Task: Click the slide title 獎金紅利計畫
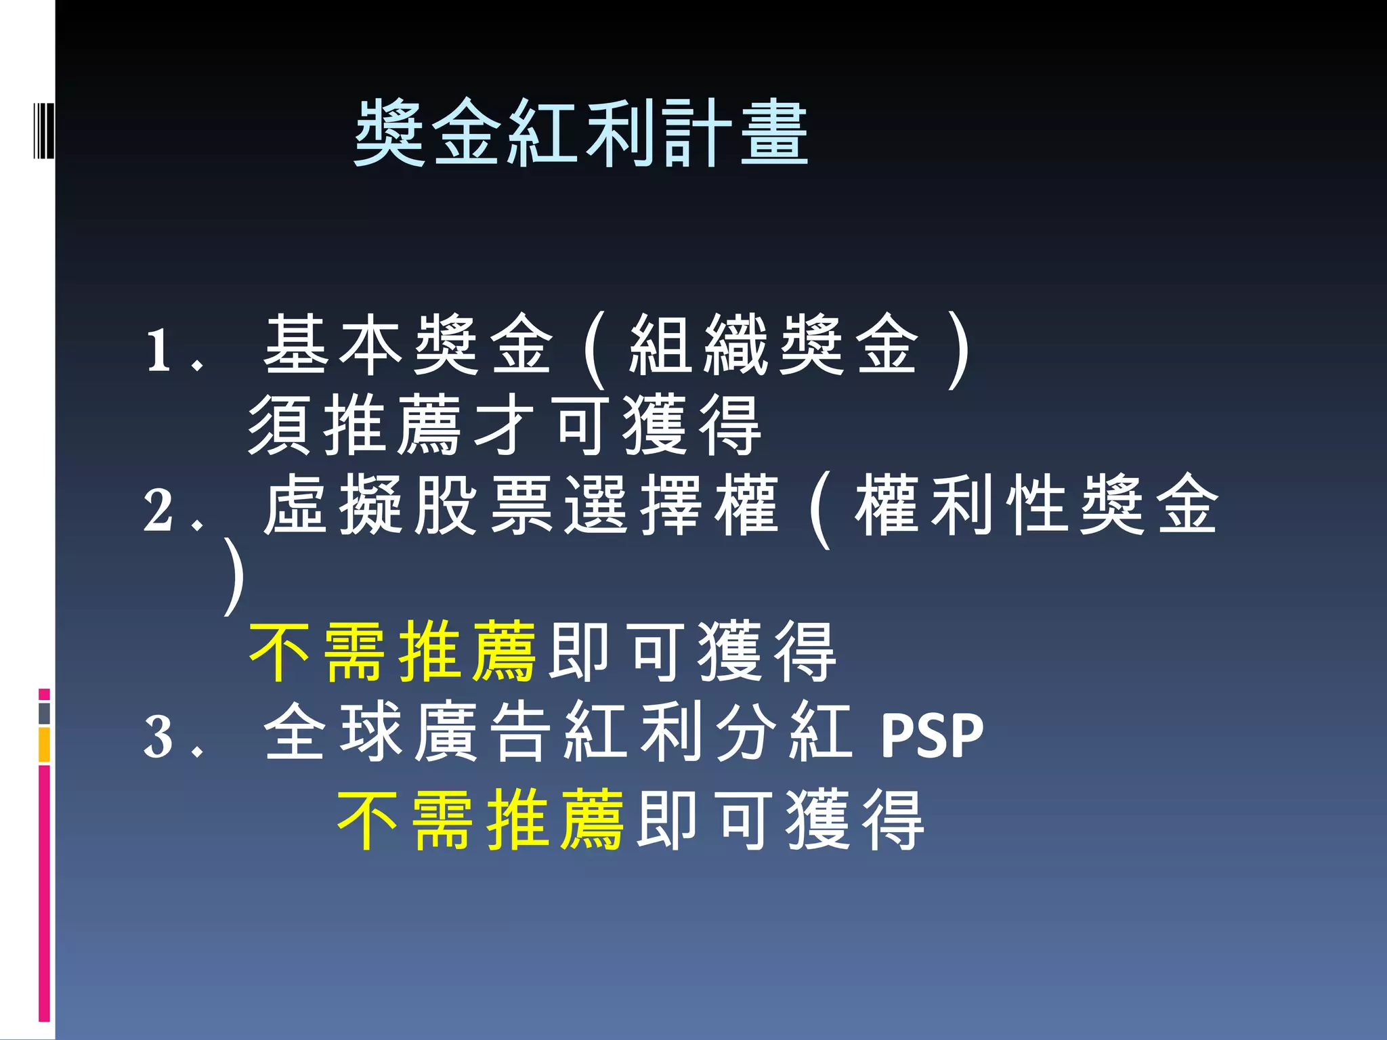[x=581, y=133]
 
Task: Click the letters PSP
[x=931, y=736]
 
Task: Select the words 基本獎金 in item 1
[x=408, y=345]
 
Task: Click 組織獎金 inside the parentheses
[x=773, y=345]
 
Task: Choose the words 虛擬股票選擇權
[x=521, y=505]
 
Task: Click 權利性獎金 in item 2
[x=1036, y=505]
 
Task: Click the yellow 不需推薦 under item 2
[x=393, y=652]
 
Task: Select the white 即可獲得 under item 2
[x=692, y=652]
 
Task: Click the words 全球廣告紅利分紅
[x=557, y=733]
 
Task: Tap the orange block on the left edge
[x=45, y=745]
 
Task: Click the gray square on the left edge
[x=45, y=714]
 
